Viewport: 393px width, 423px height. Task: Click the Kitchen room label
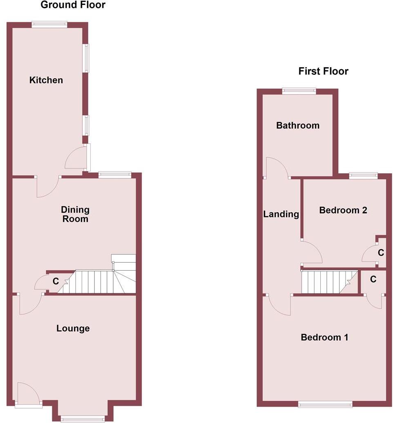(x=46, y=80)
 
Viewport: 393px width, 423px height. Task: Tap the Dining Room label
(x=75, y=214)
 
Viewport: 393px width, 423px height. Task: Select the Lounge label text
(x=73, y=328)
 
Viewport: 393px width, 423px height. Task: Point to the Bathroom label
(x=298, y=125)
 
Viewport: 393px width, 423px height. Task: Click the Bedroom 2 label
(x=343, y=210)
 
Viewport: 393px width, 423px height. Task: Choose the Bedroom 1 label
(x=324, y=337)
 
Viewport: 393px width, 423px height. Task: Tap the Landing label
(x=281, y=214)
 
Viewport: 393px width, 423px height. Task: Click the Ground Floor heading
(x=73, y=5)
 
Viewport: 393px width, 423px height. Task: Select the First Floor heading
(x=323, y=71)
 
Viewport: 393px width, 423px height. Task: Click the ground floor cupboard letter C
(x=56, y=282)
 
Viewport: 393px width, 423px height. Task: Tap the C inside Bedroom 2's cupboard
(x=381, y=253)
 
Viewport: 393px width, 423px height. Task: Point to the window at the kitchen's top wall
(x=49, y=24)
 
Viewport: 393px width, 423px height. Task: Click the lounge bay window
(x=83, y=418)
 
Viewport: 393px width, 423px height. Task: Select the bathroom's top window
(x=299, y=91)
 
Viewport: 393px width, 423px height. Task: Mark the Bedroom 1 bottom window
(x=325, y=405)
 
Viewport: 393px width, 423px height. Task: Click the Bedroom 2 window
(x=363, y=176)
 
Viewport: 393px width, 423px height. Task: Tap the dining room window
(x=114, y=175)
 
